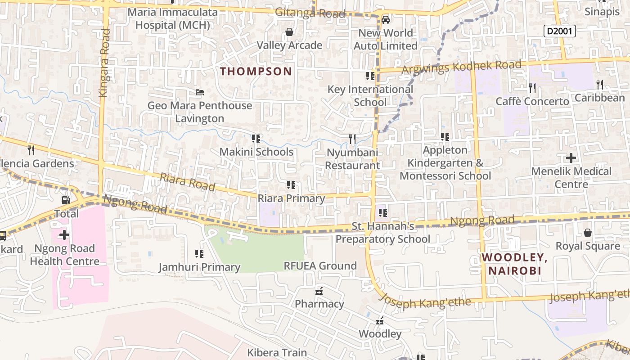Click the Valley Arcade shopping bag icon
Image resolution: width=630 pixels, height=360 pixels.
tap(289, 32)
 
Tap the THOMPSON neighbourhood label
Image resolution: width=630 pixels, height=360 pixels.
tap(256, 71)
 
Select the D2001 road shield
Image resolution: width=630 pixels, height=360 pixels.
tap(559, 31)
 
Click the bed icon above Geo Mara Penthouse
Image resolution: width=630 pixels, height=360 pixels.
tap(200, 92)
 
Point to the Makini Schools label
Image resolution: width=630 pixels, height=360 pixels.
tap(256, 152)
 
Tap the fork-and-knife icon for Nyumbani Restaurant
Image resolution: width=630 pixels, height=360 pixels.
tap(352, 139)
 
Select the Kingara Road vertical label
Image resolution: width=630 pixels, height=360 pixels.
tap(104, 63)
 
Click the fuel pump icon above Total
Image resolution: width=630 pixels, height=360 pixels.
tap(66, 200)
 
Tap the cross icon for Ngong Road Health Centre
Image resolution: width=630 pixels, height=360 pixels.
tap(64, 234)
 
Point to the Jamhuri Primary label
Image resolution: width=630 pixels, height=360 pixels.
tap(199, 267)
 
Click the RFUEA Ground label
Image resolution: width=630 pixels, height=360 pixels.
tap(320, 265)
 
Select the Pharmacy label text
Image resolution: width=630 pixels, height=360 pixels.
tap(319, 304)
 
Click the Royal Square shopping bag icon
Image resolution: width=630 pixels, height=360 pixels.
tap(587, 233)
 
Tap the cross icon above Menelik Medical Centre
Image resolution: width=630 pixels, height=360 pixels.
tap(571, 158)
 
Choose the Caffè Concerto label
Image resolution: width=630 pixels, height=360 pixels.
tap(532, 101)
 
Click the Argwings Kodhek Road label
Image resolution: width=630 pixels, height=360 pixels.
tap(461, 67)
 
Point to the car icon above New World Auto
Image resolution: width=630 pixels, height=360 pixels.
tap(386, 20)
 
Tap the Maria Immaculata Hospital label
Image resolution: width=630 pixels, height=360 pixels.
tap(173, 18)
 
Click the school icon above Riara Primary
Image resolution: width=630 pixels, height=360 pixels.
tap(291, 185)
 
